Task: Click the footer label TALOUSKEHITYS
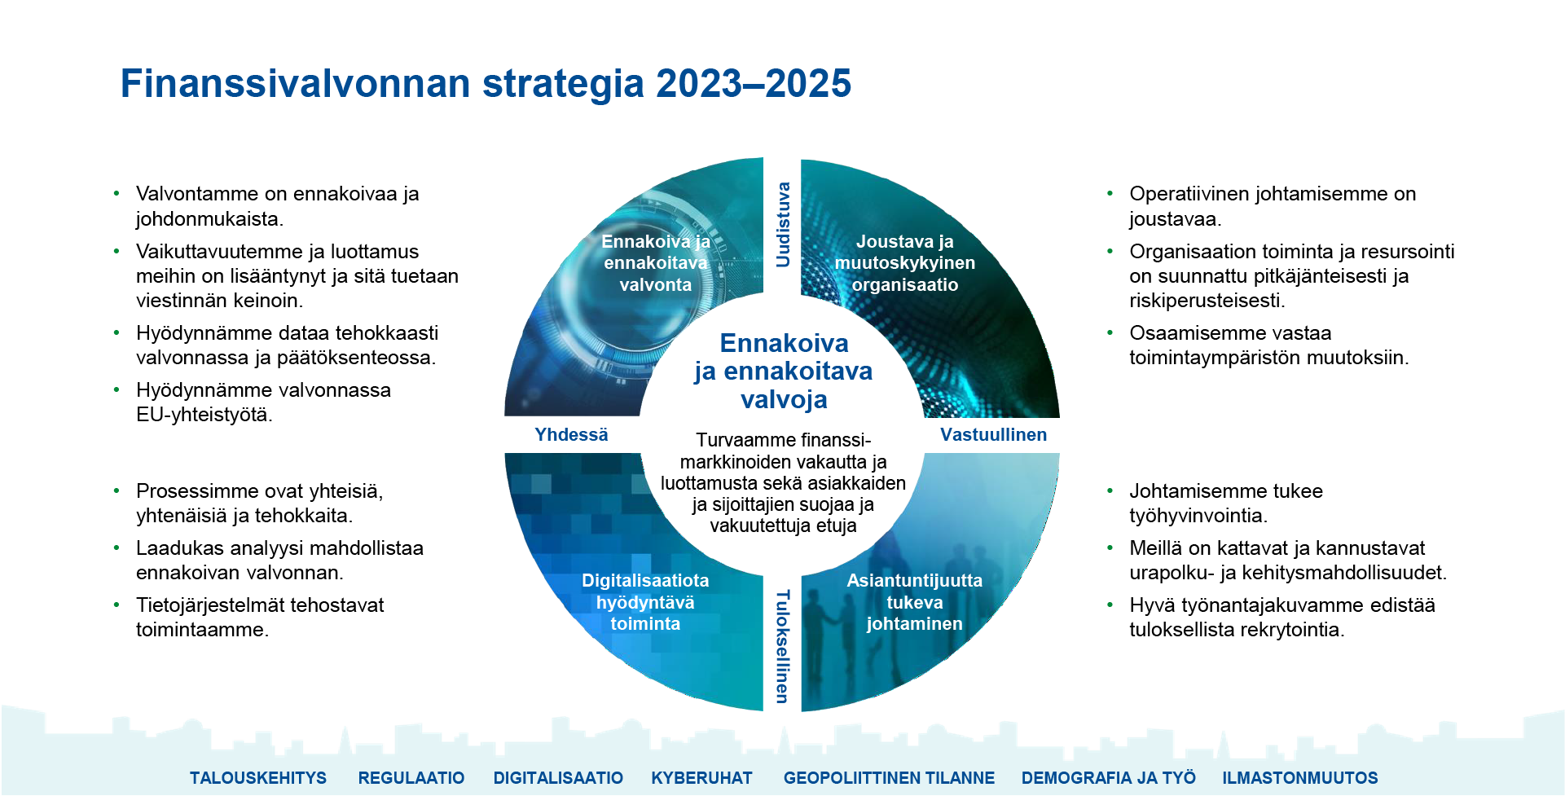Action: (x=257, y=778)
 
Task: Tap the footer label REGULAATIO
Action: (x=411, y=778)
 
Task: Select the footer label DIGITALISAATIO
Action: (x=558, y=778)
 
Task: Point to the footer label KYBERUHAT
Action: (x=701, y=778)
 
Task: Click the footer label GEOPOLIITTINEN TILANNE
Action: (x=889, y=778)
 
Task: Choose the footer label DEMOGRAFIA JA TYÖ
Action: (x=1108, y=778)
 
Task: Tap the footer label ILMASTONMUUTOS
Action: (x=1299, y=778)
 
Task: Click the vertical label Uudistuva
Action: (x=783, y=225)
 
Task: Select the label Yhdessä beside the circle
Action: (x=571, y=435)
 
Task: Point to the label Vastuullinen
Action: (x=993, y=435)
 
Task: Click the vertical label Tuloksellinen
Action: (x=782, y=646)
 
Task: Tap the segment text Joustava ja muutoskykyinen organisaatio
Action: (x=904, y=263)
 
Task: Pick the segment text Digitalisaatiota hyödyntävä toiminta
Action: (x=645, y=602)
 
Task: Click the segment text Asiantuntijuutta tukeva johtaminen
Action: (x=914, y=602)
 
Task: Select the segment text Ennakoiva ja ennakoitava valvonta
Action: (x=656, y=263)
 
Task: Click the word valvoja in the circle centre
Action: (x=784, y=400)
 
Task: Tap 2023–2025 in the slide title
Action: (x=754, y=84)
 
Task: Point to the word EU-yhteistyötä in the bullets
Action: (x=203, y=415)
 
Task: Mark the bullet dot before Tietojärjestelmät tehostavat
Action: (x=117, y=605)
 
